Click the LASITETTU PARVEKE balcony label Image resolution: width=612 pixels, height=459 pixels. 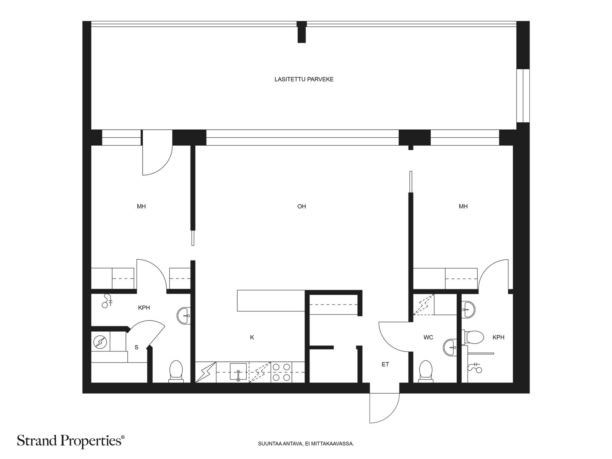pyautogui.click(x=304, y=80)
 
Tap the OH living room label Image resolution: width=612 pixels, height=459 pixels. pyautogui.click(x=302, y=207)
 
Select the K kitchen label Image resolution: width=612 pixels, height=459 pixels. pyautogui.click(x=252, y=337)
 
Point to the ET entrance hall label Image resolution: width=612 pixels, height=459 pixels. pyautogui.click(x=385, y=364)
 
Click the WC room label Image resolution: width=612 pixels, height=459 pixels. pyautogui.click(x=428, y=337)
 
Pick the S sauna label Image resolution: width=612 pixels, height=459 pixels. pyautogui.click(x=136, y=347)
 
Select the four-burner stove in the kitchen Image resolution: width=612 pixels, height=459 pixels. pyautogui.click(x=281, y=372)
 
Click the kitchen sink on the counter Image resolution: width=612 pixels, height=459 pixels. pyautogui.click(x=238, y=371)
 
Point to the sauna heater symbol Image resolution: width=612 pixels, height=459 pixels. pyautogui.click(x=100, y=342)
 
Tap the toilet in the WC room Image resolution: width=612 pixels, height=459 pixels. pyautogui.click(x=426, y=371)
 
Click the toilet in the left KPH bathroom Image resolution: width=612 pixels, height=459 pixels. pyautogui.click(x=176, y=371)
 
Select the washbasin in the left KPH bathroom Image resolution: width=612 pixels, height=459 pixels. pyautogui.click(x=184, y=316)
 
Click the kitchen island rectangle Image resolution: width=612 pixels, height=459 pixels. pyautogui.click(x=271, y=301)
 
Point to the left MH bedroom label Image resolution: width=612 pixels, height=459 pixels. pyautogui.click(x=142, y=207)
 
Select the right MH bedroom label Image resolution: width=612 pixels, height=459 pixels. pyautogui.click(x=463, y=207)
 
